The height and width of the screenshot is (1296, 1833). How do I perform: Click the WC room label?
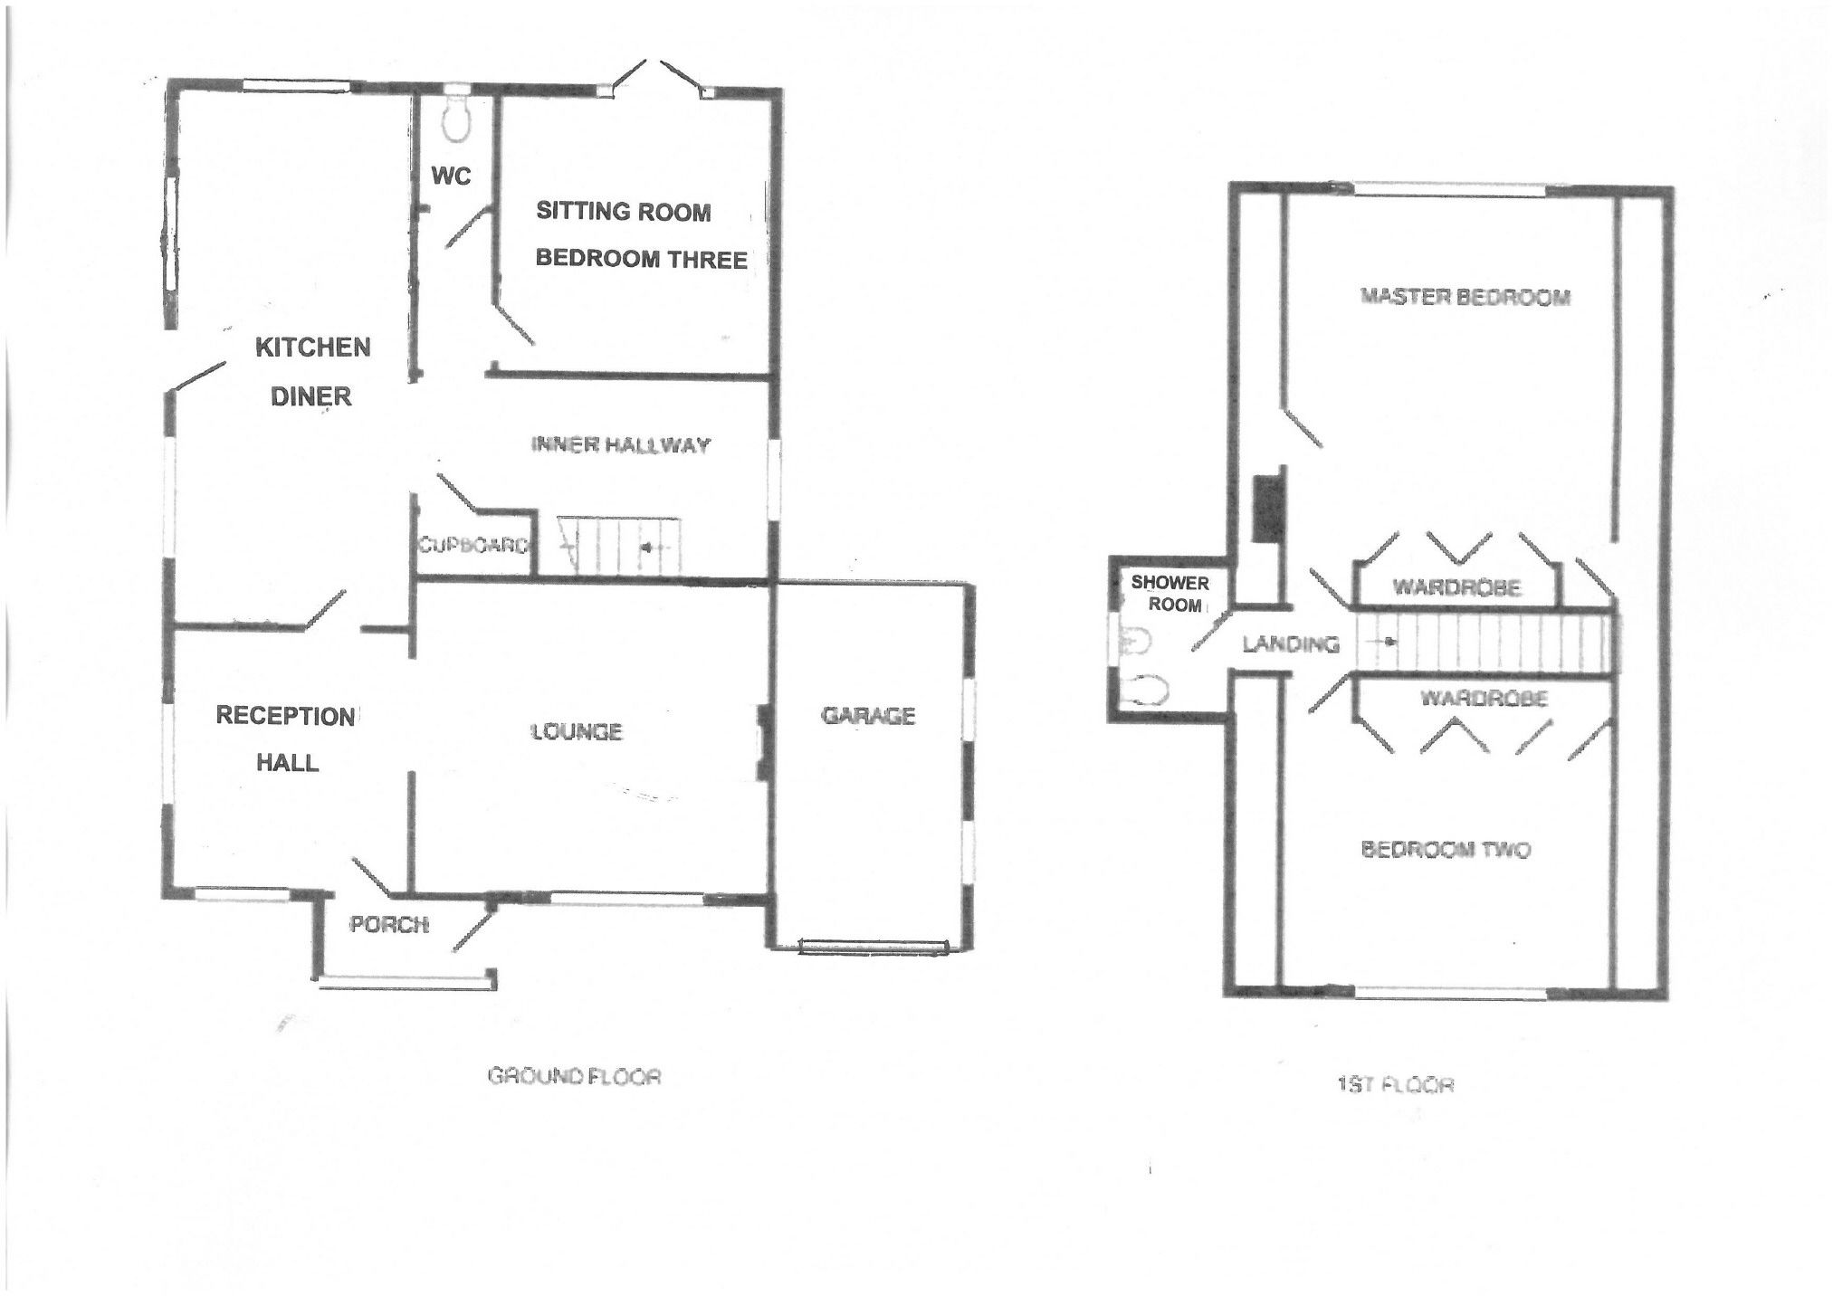(x=451, y=176)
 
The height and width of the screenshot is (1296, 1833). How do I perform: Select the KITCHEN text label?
(x=312, y=348)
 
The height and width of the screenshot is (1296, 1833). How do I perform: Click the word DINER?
(x=310, y=396)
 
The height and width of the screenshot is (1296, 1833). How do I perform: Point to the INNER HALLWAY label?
(x=620, y=444)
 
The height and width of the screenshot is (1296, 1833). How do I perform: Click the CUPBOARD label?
(x=473, y=546)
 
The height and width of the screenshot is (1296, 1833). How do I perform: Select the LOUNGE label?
(x=577, y=731)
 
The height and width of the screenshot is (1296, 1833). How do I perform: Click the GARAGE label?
(x=868, y=716)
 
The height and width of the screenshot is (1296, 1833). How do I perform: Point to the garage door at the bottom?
(x=873, y=947)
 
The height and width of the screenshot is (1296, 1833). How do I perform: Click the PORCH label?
(x=388, y=925)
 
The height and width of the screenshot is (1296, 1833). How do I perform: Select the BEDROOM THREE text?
(x=641, y=260)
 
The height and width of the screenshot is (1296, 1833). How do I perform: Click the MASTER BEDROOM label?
(x=1465, y=297)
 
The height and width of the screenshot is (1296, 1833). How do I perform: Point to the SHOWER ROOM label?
(x=1170, y=594)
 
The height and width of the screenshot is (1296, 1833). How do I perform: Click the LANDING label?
(x=1290, y=644)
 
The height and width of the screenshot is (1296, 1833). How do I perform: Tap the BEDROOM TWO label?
(x=1446, y=850)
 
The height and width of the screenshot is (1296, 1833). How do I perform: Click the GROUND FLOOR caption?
(x=575, y=1076)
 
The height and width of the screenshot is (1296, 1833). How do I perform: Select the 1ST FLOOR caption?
(x=1395, y=1084)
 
